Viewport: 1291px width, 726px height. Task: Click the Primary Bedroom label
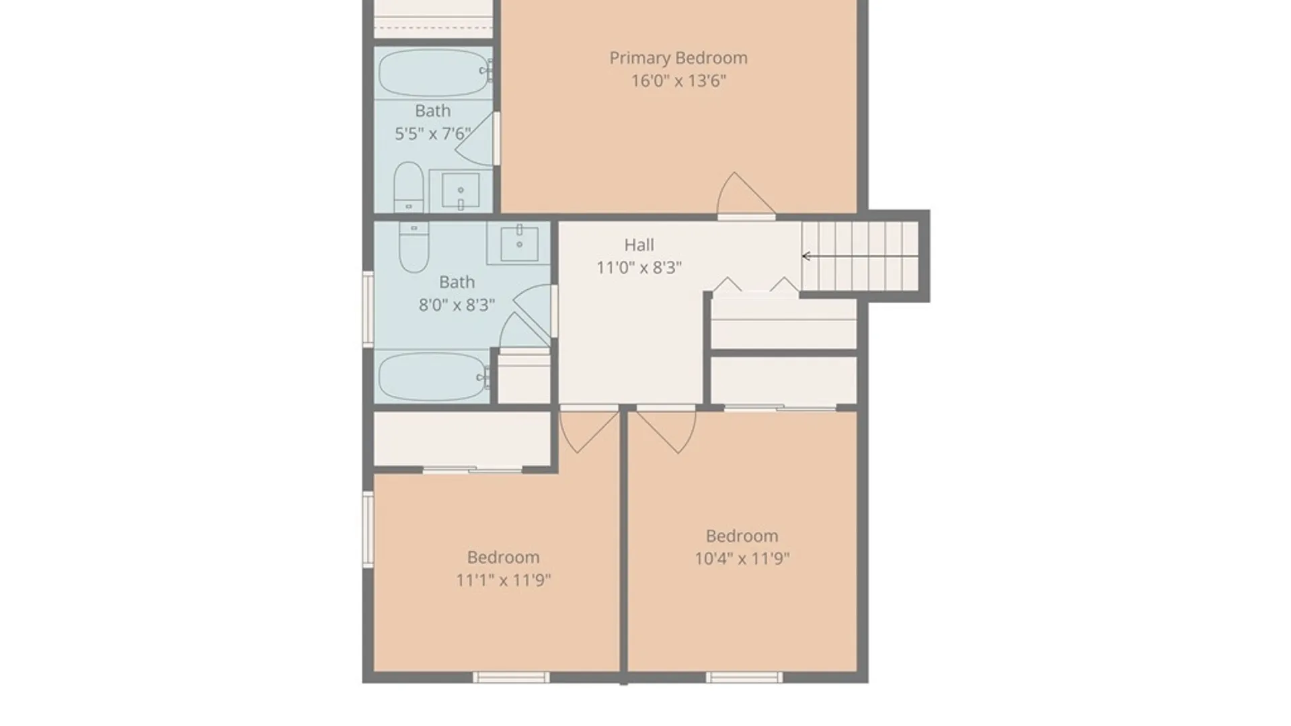678,58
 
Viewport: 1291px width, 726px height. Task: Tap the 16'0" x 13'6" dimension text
678,81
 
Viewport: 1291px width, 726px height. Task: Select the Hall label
639,245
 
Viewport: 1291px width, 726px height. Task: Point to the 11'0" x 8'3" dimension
639,268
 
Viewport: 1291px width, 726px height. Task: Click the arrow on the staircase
860,256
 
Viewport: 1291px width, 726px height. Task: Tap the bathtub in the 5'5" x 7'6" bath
434,73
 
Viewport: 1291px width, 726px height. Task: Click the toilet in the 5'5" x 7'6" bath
408,186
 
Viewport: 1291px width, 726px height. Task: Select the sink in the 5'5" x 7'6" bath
461,190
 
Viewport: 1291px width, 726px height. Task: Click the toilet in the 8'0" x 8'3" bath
414,247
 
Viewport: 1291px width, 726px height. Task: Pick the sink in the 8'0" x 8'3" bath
519,243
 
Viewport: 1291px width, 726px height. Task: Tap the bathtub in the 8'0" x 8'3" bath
434,376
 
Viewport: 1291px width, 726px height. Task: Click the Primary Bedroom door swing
746,195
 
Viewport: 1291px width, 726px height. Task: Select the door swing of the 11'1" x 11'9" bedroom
589,431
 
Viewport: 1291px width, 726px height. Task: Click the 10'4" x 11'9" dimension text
742,559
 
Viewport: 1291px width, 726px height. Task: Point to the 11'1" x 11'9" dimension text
503,580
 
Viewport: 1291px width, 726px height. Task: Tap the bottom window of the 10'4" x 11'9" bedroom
744,677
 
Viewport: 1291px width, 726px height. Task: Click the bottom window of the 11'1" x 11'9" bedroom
511,677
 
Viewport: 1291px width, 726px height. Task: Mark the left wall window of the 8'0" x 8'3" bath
368,309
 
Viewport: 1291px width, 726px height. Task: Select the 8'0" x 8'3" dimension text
457,305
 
